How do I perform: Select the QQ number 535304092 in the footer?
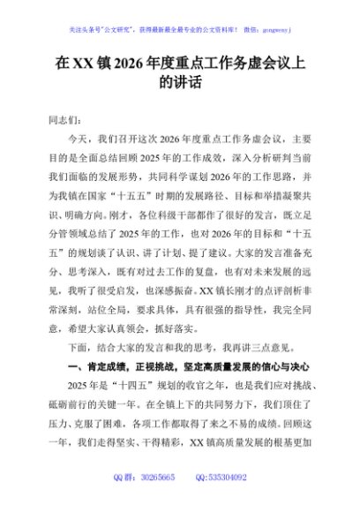(229, 477)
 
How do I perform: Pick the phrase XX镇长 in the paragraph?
(221, 290)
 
